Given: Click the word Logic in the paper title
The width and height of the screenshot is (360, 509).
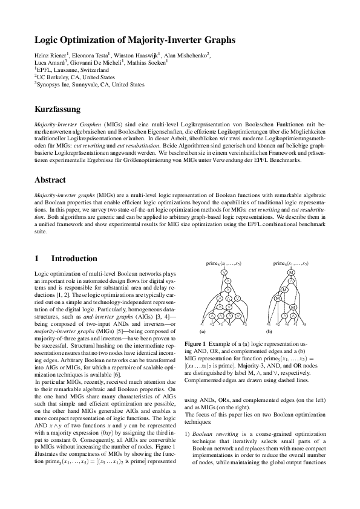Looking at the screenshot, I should pyautogui.click(x=48, y=41).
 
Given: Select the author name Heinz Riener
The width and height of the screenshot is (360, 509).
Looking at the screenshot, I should pyautogui.click(x=51, y=56).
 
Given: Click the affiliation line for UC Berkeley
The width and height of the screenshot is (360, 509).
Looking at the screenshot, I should pyautogui.click(x=71, y=77).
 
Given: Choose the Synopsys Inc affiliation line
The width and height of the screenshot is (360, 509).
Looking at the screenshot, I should pyautogui.click(x=81, y=85).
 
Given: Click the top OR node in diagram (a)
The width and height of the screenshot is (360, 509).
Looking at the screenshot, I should pyautogui.click(x=223, y=273).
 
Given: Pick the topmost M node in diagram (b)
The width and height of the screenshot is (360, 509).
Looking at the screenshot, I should pyautogui.click(x=290, y=273).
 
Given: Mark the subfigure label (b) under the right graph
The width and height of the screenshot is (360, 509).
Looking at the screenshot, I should pyautogui.click(x=269, y=332).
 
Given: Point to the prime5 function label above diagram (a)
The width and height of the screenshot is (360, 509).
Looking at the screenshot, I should pyautogui.click(x=223, y=264).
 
